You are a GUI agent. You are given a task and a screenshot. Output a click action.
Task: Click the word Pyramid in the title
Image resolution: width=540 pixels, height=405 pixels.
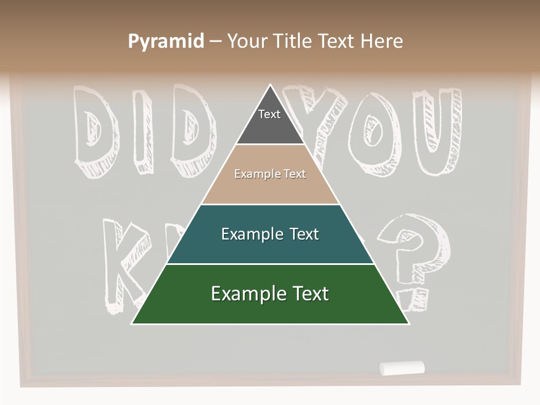pyautogui.click(x=166, y=42)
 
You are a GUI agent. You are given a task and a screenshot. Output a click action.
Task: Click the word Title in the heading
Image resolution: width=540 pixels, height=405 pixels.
pyautogui.click(x=294, y=42)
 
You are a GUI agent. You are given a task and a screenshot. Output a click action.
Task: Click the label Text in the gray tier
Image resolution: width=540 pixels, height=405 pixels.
pyautogui.click(x=269, y=114)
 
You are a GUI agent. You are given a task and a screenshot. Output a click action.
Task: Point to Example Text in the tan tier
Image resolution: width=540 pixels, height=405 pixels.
pyautogui.click(x=270, y=174)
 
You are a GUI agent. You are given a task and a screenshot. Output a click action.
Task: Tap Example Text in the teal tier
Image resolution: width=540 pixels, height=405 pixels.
pyautogui.click(x=270, y=234)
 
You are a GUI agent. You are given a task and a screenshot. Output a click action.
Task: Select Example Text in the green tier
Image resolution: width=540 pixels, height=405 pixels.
pyautogui.click(x=270, y=294)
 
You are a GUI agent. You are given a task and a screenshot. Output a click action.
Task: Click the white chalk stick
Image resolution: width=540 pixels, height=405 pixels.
pyautogui.click(x=402, y=368)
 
